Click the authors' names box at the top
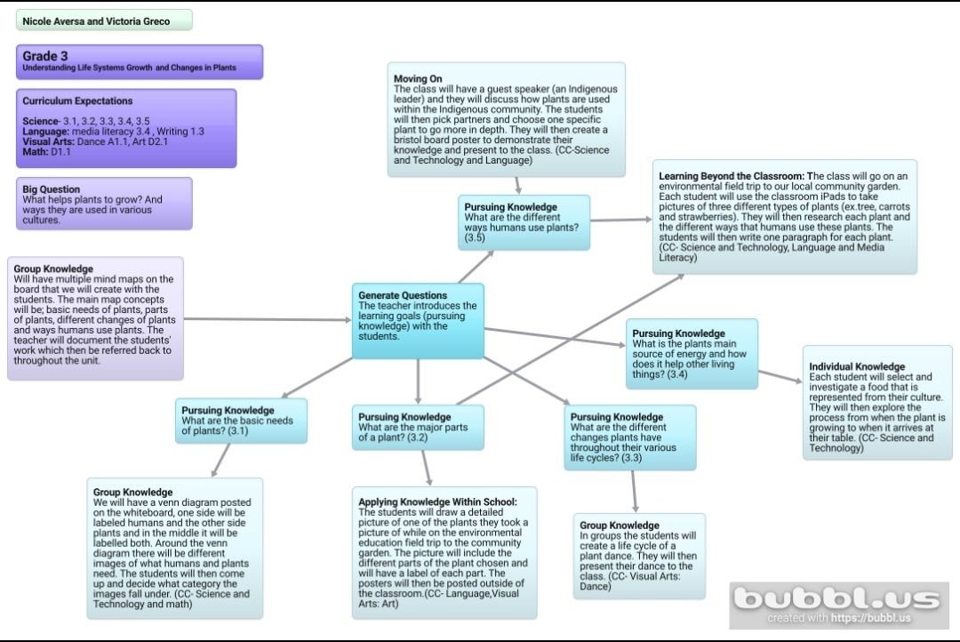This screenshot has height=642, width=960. (x=104, y=20)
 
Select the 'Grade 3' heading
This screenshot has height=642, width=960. (x=45, y=56)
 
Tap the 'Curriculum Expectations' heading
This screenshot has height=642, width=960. (x=77, y=101)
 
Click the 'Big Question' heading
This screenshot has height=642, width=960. (x=51, y=189)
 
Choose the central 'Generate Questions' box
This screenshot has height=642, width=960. (x=418, y=321)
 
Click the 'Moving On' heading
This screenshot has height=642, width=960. (x=418, y=79)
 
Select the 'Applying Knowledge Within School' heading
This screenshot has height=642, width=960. (x=437, y=502)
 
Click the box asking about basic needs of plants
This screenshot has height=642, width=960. (x=241, y=421)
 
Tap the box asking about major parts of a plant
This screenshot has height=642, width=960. (x=418, y=427)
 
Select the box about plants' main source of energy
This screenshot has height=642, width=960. (x=692, y=354)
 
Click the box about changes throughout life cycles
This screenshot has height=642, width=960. (x=629, y=437)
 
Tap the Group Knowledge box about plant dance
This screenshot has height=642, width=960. (x=638, y=556)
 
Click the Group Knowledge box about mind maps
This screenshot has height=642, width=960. (x=95, y=318)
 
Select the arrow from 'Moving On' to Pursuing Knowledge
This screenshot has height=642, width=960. (x=517, y=183)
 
